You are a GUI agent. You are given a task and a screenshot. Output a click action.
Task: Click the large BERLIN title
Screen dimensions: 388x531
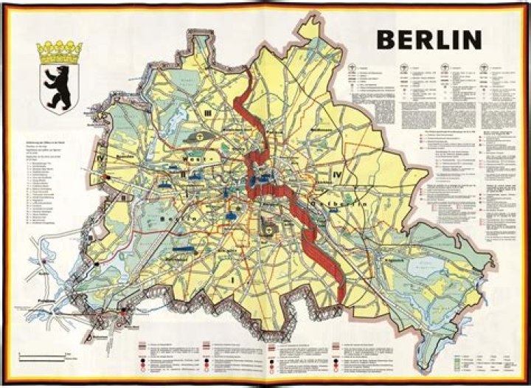(x=429, y=39)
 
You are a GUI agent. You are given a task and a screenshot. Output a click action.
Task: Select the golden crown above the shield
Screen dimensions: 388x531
(x=59, y=52)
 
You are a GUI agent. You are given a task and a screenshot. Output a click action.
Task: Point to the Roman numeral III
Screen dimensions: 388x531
(x=209, y=113)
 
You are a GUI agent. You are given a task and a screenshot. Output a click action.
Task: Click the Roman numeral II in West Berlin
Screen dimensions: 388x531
(x=182, y=174)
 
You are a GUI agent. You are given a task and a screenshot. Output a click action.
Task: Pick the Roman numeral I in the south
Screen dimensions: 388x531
(x=233, y=280)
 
